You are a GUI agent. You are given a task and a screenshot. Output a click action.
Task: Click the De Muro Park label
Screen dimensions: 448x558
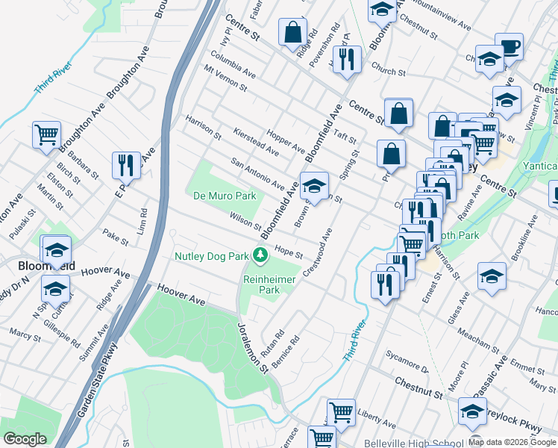point(225,196)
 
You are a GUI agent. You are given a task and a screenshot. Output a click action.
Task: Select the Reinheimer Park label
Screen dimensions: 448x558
point(261,284)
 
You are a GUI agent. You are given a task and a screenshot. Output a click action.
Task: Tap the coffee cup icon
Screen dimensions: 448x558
point(510,47)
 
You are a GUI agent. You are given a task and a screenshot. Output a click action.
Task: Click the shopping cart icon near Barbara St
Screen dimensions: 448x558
point(46,135)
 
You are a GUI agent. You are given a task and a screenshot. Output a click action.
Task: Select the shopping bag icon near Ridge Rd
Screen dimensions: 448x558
point(292,32)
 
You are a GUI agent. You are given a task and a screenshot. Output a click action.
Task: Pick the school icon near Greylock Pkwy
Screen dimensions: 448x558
point(472,411)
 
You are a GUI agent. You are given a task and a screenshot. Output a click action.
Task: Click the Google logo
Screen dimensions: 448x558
point(25,439)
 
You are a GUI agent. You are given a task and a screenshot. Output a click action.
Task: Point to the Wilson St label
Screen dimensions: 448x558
point(245,222)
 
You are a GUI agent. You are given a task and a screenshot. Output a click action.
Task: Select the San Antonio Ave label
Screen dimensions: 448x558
point(257,173)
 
